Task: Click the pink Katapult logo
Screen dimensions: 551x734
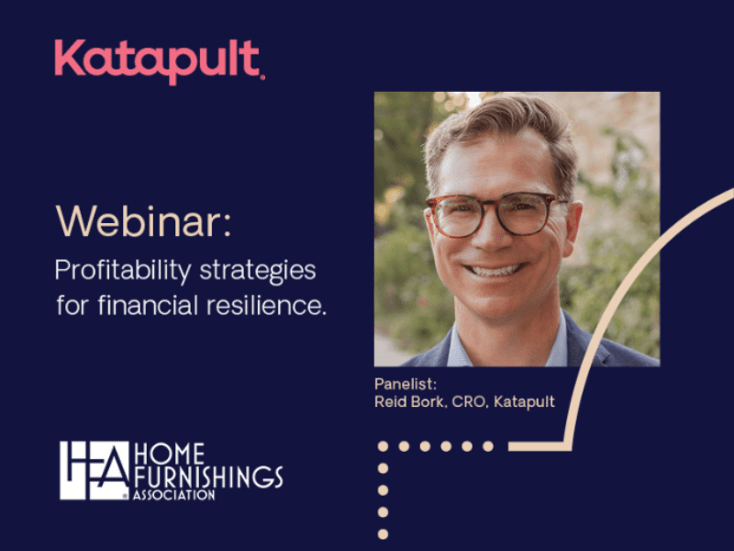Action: tap(159, 60)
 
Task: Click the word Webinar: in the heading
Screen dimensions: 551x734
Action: tap(138, 223)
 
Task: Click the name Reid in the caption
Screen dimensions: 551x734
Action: tap(391, 401)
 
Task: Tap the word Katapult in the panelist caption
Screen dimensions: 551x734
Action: tap(524, 401)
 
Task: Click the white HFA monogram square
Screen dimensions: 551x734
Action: tap(95, 470)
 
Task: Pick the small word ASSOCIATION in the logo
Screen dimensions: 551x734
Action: tap(174, 495)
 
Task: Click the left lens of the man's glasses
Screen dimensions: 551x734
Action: tap(459, 216)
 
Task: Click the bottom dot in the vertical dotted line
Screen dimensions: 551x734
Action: tap(384, 534)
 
